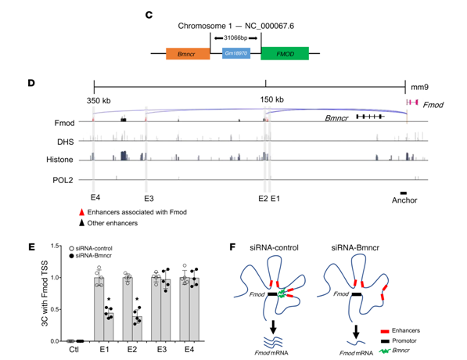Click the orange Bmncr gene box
click(188, 54)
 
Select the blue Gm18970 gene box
click(236, 53)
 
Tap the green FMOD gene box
click(285, 54)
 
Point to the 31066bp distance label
click(235, 38)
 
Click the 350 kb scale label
click(99, 101)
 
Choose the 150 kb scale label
click(271, 99)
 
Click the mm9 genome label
click(419, 87)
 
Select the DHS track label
click(65, 142)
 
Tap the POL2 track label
click(63, 180)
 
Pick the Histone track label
click(59, 160)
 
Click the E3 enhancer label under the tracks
click(149, 199)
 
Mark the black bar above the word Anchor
click(404, 193)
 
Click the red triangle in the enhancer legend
click(81, 212)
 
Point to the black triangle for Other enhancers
click(81, 223)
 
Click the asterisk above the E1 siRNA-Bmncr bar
click(109, 299)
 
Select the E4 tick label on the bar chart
click(189, 349)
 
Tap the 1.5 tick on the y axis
click(55, 246)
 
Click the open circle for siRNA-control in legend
click(71, 248)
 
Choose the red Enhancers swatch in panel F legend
click(385, 331)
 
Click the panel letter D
click(31, 82)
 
